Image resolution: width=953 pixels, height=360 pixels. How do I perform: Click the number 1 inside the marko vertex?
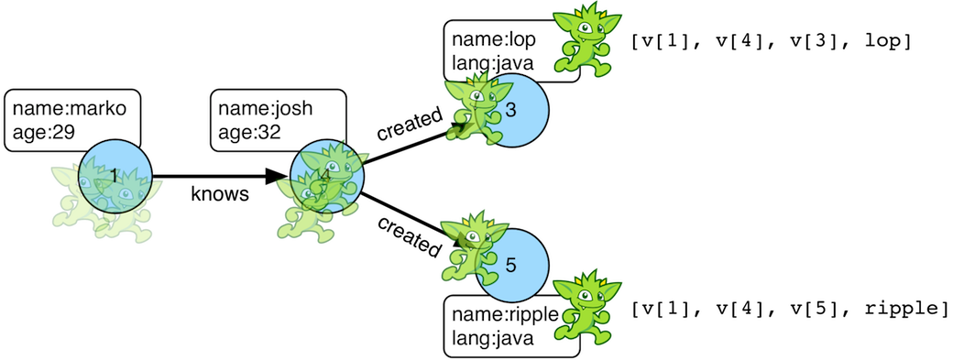[114, 177]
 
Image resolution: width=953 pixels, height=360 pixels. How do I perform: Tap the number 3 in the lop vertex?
[510, 110]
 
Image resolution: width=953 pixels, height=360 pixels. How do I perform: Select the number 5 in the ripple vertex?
[510, 266]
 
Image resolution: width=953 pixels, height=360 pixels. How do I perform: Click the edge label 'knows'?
[220, 194]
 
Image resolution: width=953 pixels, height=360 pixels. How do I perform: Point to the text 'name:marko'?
[70, 109]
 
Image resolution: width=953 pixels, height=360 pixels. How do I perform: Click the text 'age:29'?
[44, 132]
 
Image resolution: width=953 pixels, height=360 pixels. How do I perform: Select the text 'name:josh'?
[265, 109]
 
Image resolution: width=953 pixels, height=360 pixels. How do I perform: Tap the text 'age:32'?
[249, 132]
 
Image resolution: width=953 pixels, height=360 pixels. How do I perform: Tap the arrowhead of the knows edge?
[277, 177]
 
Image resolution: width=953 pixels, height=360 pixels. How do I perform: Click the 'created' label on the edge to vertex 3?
[409, 124]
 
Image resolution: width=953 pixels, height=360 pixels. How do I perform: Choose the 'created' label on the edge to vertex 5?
[409, 236]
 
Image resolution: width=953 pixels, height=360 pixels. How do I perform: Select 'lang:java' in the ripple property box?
[493, 338]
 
